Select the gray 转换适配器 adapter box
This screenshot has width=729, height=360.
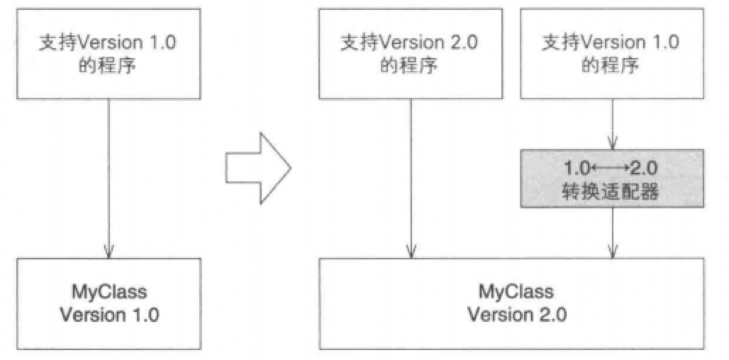(612, 179)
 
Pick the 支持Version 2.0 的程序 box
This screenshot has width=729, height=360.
(409, 54)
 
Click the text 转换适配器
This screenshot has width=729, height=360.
(612, 191)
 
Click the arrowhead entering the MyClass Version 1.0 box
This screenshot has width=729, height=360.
(108, 251)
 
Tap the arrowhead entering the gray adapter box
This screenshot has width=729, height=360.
(612, 143)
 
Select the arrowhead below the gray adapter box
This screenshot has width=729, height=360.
(612, 251)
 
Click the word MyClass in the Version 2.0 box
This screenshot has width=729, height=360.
(516, 292)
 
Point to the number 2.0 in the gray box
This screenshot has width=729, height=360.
(645, 169)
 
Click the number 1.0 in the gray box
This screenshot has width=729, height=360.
(577, 169)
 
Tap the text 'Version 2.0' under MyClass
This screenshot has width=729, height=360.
(516, 315)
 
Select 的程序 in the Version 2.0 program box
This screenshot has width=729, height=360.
(409, 66)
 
